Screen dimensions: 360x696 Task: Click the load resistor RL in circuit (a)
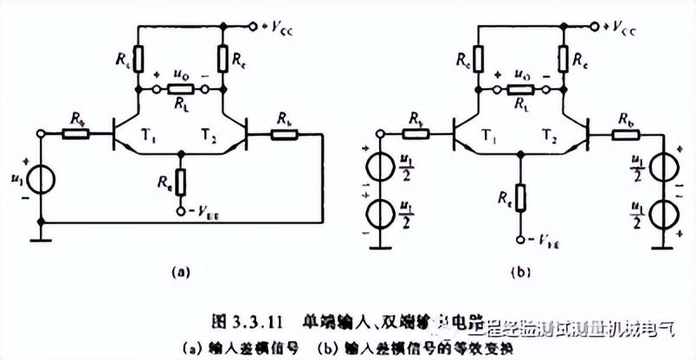(x=181, y=89)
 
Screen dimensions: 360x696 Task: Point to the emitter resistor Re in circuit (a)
(x=180, y=181)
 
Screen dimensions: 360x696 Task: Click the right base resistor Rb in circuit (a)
(x=284, y=133)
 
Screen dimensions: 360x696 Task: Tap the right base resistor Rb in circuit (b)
(x=623, y=133)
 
